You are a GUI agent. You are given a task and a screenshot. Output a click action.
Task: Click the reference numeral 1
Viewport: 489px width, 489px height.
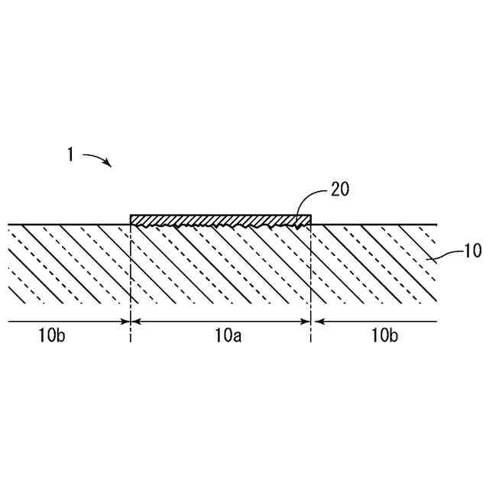click(70, 155)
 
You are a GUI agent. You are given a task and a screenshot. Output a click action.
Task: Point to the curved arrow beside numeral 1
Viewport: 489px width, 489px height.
click(96, 158)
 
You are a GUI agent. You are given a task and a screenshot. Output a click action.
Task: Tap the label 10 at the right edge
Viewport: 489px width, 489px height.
click(473, 251)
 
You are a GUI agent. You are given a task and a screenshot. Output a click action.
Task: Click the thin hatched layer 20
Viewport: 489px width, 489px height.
click(221, 220)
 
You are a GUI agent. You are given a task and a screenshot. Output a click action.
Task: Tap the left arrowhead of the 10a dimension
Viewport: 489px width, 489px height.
click(136, 322)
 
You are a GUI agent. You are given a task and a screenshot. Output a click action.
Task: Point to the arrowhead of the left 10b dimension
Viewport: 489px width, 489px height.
click(126, 322)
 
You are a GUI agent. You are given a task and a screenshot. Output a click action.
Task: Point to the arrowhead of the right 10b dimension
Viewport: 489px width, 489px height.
click(316, 322)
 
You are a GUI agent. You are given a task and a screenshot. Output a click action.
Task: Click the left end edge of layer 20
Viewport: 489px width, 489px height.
click(131, 220)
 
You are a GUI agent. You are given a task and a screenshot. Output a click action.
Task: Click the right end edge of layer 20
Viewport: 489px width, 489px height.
click(311, 220)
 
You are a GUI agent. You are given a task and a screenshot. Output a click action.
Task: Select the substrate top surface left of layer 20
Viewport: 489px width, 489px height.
click(69, 225)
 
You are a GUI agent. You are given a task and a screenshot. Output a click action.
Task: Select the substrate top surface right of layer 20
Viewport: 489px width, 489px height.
click(374, 225)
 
